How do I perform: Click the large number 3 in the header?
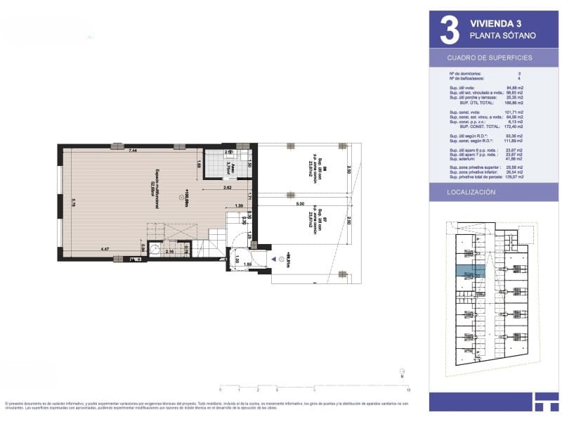(450, 30)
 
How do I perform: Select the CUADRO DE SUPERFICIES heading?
(490, 58)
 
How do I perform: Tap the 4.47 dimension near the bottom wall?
(104, 249)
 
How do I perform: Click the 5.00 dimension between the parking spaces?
(300, 205)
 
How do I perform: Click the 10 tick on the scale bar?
(408, 388)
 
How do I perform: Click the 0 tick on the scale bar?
(221, 388)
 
